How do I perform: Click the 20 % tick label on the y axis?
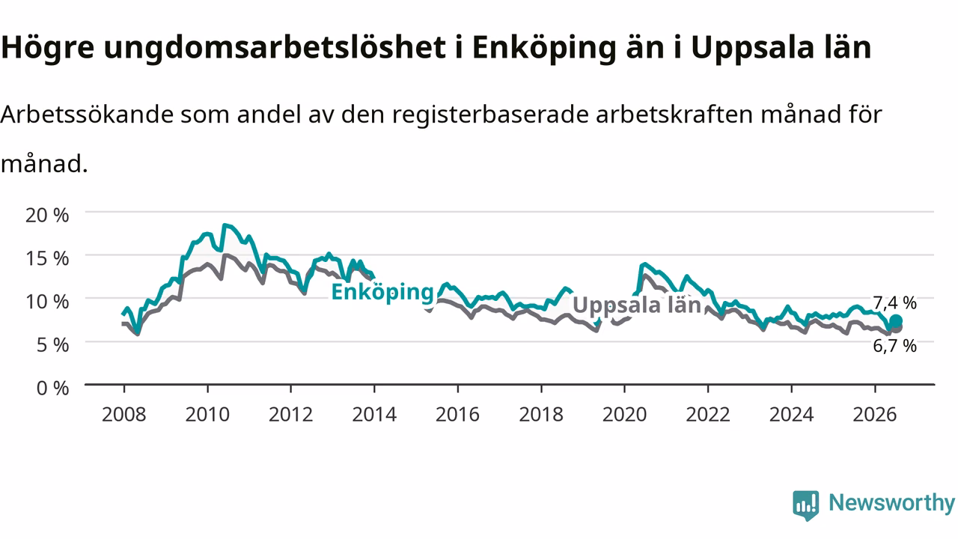47,215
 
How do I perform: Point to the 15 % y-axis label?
47,258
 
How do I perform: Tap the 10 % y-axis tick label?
47,302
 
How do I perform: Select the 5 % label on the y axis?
52,345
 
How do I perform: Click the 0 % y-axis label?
52,388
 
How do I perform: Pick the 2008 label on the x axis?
124,415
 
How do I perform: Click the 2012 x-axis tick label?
291,415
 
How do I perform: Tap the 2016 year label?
457,415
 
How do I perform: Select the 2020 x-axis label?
624,415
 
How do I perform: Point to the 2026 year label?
875,415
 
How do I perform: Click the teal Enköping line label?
382,293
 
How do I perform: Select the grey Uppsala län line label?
637,305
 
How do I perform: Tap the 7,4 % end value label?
894,303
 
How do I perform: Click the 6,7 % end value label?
894,346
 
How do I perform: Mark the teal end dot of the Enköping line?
896,321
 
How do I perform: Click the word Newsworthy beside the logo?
891,502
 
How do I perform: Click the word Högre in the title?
47,48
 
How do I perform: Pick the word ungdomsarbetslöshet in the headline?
275,46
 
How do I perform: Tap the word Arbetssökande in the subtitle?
87,115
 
